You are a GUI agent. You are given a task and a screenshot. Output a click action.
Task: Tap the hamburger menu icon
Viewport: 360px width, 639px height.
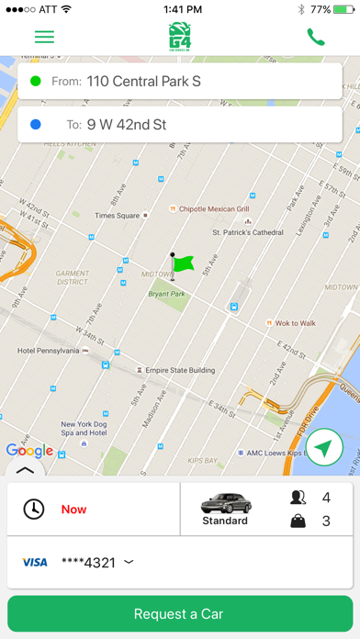[44, 37]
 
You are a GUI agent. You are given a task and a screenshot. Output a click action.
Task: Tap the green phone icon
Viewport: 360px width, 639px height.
[316, 37]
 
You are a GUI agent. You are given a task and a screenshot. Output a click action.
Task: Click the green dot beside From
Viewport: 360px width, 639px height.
[36, 82]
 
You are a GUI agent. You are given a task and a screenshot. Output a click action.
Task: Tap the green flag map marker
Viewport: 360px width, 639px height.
[182, 264]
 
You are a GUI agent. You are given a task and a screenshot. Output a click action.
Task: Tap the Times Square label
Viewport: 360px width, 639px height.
[117, 216]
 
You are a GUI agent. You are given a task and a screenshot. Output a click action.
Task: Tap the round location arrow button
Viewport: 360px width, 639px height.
[324, 447]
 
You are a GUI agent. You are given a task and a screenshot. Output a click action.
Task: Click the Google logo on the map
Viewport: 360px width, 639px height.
[29, 450]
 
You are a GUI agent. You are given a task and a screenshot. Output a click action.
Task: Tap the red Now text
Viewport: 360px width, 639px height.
[73, 509]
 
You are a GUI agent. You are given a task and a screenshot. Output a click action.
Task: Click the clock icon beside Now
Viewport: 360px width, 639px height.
[33, 509]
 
